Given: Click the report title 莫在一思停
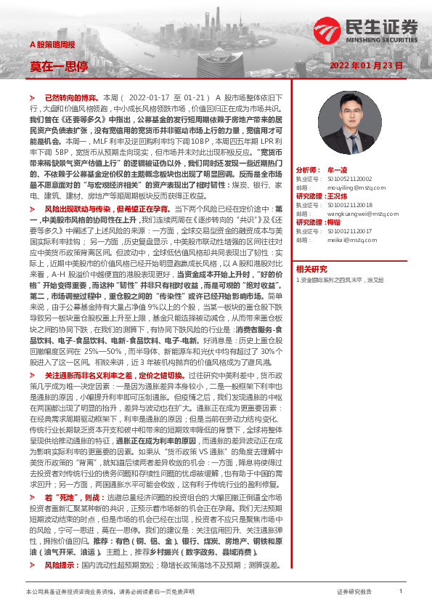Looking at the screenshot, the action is (59, 66).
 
